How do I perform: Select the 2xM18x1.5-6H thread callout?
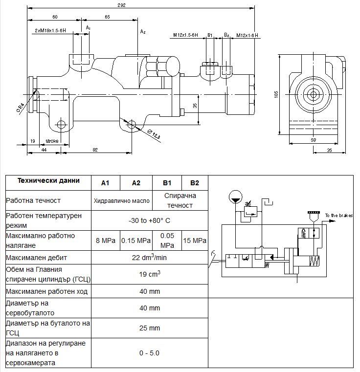point(50,30)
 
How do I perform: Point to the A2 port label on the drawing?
point(143,32)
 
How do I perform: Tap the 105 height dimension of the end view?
point(276,94)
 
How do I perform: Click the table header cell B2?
point(195,183)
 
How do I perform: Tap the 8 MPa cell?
point(106,241)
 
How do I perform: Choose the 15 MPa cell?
point(195,241)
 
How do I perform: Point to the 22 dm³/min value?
point(150,257)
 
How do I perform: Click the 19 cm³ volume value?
point(150,274)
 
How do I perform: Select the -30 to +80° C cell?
point(150,220)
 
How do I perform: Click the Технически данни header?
point(48,180)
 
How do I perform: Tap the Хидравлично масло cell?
point(122,200)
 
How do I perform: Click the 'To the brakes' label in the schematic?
point(338,216)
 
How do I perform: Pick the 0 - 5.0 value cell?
point(150,353)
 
